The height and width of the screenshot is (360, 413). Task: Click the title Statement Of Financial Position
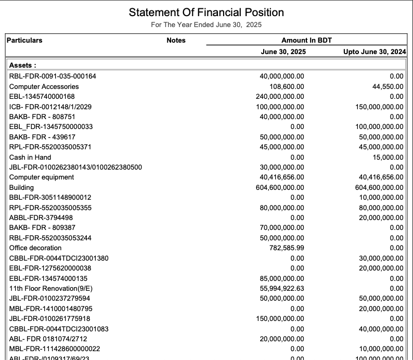(206, 12)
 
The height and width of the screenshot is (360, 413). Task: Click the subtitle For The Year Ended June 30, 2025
(206, 25)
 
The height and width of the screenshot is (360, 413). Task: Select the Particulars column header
(25, 40)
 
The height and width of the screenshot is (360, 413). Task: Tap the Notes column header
(176, 40)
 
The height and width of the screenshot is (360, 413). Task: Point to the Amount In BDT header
(306, 40)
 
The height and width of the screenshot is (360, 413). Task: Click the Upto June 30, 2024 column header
(375, 52)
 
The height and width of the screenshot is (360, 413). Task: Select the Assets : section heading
(23, 66)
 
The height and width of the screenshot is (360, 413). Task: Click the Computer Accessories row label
(44, 86)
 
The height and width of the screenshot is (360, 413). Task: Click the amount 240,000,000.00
(280, 96)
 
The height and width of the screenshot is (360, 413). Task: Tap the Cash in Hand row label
(30, 157)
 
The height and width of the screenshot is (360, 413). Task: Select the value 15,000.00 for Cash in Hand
(388, 157)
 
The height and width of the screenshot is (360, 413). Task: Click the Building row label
(21, 187)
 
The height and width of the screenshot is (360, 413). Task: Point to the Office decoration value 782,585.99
(283, 248)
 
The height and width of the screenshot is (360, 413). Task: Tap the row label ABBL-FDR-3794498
(41, 217)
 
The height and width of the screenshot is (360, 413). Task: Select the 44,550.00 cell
(388, 86)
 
